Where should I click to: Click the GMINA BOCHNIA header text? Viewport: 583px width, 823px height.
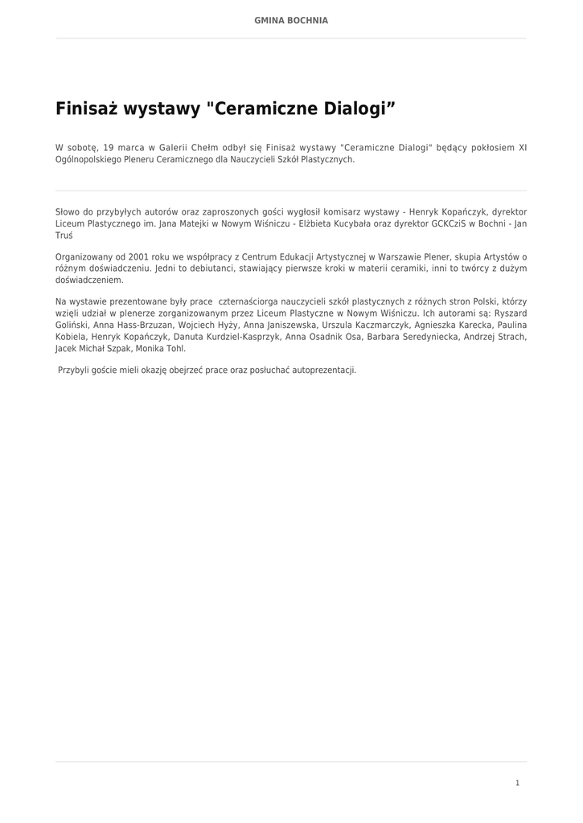(x=291, y=20)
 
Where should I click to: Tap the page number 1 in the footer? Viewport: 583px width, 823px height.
(x=517, y=783)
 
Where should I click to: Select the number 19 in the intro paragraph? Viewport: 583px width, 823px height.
(x=109, y=148)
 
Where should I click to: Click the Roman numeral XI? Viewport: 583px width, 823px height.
(x=522, y=148)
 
